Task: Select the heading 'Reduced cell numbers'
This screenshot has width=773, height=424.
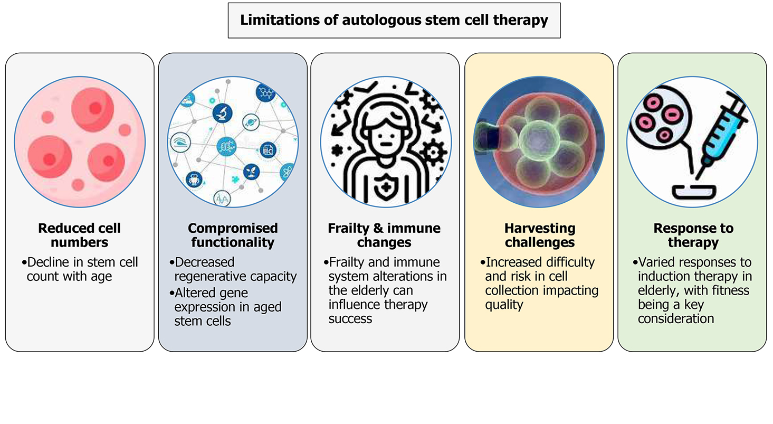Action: [80, 235]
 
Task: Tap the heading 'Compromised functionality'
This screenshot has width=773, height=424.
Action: [233, 235]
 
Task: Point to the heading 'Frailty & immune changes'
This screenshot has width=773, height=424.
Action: [384, 235]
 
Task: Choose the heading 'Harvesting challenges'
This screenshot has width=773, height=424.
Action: [539, 235]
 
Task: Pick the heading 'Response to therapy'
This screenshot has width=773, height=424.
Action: [693, 235]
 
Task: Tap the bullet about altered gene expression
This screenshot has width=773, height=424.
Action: [228, 307]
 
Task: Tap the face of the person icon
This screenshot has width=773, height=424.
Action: [385, 135]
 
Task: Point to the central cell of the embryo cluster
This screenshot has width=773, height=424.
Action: [539, 140]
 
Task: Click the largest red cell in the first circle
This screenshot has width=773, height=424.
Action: [93, 108]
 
